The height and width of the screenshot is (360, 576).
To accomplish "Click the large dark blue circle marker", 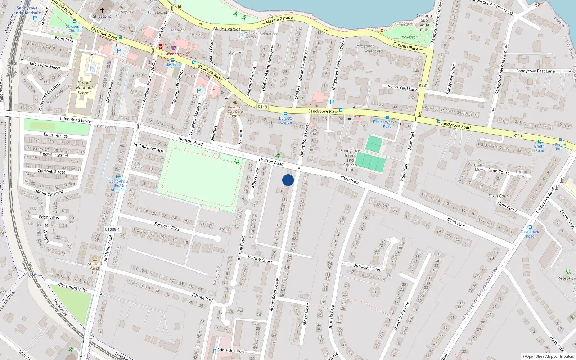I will coord(288,180).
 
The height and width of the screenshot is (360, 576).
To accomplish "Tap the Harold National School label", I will coord(84,87).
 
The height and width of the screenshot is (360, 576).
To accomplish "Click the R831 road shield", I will coord(423,86).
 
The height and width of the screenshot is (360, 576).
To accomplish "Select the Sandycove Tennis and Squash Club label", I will coord(350,160).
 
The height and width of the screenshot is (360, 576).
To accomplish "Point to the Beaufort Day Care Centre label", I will coord(235,111).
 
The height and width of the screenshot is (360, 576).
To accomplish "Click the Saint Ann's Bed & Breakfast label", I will coord(118,185).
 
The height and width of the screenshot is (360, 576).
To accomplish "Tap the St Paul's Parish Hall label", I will coord(95,268).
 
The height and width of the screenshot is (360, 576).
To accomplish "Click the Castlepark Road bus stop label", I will coord(530,234).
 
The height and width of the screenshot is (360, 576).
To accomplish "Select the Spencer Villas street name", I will coord(167,226).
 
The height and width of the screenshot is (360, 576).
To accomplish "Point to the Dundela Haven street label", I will coord(367,267).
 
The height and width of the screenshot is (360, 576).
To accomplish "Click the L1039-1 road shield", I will coord(112,229).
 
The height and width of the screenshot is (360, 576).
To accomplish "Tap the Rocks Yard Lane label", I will coord(402,87).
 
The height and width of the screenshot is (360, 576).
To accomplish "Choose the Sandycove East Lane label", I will coord(535,71).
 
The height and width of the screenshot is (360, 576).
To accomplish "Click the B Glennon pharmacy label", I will coord(170,54).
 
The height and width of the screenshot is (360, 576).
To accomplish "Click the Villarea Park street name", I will coord(202,297).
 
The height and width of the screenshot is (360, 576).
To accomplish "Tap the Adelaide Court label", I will coord(231,351).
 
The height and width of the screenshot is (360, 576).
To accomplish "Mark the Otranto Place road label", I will coord(405,46).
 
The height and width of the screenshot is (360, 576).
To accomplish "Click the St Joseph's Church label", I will coord(75,28).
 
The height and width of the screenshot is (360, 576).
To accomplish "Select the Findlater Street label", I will coord(54,155).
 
